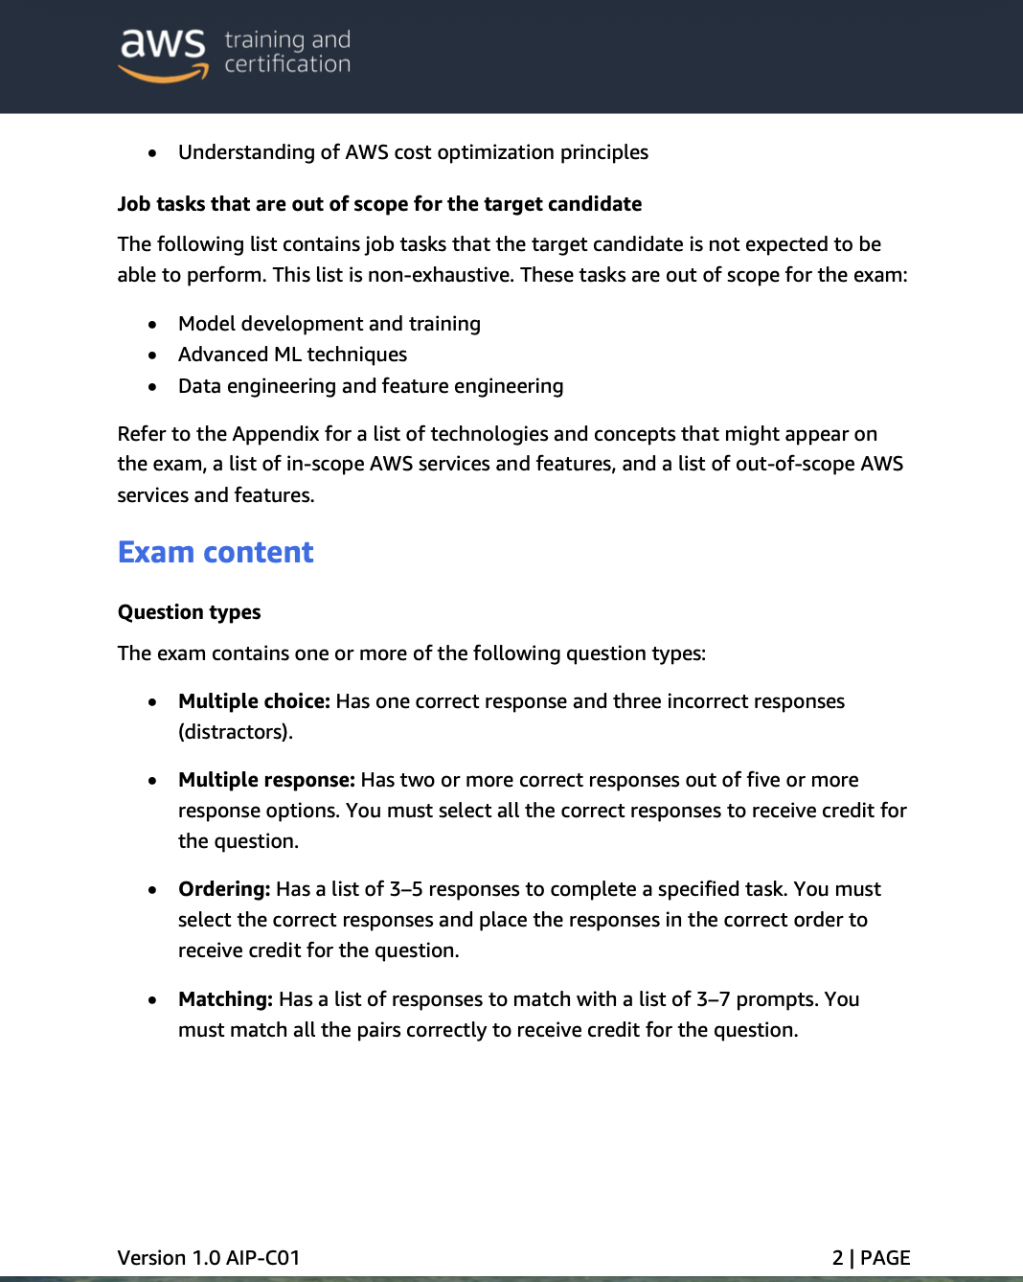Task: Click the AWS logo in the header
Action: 163,53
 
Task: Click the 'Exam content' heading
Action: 216,552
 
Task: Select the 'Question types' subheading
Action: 189,612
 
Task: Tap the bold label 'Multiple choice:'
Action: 254,701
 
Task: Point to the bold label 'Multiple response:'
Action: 266,780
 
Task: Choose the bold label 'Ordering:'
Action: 224,889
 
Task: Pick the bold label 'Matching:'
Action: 226,999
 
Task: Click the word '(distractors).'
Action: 236,732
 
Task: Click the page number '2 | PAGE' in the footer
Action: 871,1257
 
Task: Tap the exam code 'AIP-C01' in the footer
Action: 262,1257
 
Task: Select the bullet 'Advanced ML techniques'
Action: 292,355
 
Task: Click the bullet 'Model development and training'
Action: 329,324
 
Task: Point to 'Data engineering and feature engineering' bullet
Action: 371,386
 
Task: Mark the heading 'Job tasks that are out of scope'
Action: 379,204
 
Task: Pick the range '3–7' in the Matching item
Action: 714,999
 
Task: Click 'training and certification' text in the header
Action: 287,52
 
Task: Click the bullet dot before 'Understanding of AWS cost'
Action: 152,153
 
